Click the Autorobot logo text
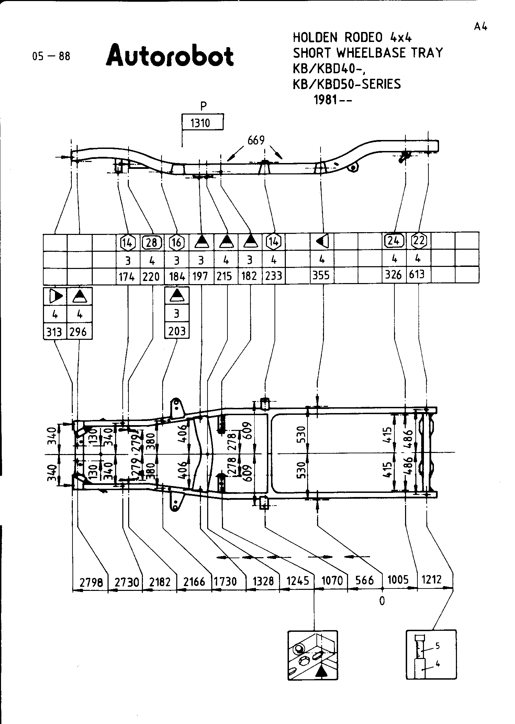click(170, 55)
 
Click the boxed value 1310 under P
click(201, 122)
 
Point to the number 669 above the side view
click(256, 141)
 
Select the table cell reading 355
click(322, 275)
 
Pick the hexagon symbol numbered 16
click(176, 243)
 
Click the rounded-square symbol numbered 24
click(394, 240)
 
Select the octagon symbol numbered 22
click(419, 240)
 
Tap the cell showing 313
click(54, 332)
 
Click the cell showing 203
click(177, 331)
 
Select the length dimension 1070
click(332, 581)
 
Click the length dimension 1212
click(432, 580)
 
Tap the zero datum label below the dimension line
click(382, 601)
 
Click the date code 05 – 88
click(51, 56)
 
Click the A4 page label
click(481, 27)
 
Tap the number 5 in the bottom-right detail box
click(438, 646)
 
